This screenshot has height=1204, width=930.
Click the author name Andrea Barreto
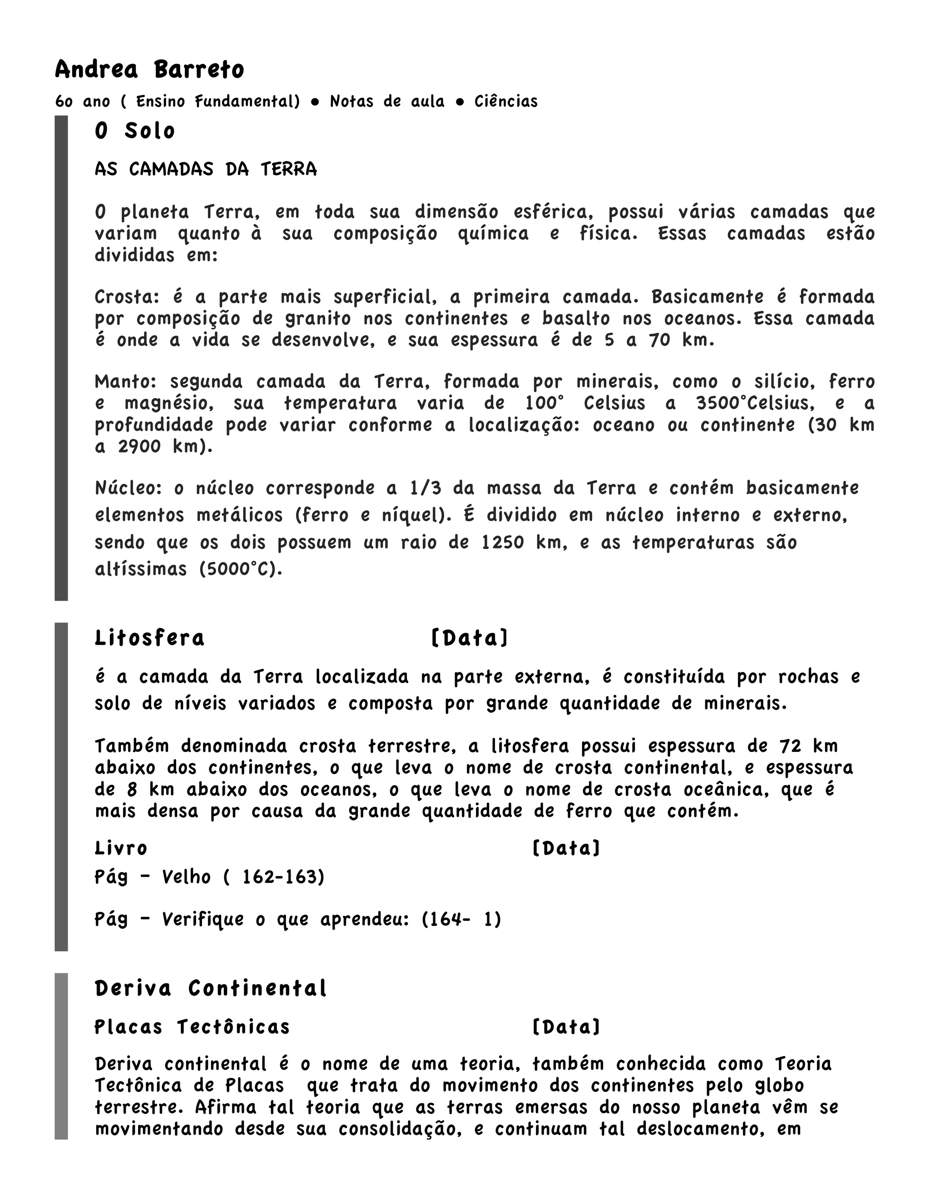149,70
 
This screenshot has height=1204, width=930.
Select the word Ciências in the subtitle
506,101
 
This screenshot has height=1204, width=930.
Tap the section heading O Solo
135,131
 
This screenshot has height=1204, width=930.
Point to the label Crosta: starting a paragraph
127,297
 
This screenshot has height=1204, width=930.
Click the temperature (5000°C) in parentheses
241,568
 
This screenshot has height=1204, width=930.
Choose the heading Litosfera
149,638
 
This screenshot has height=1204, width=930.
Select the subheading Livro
121,848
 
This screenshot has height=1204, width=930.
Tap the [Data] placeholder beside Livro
566,848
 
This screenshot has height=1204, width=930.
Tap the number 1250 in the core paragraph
503,542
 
